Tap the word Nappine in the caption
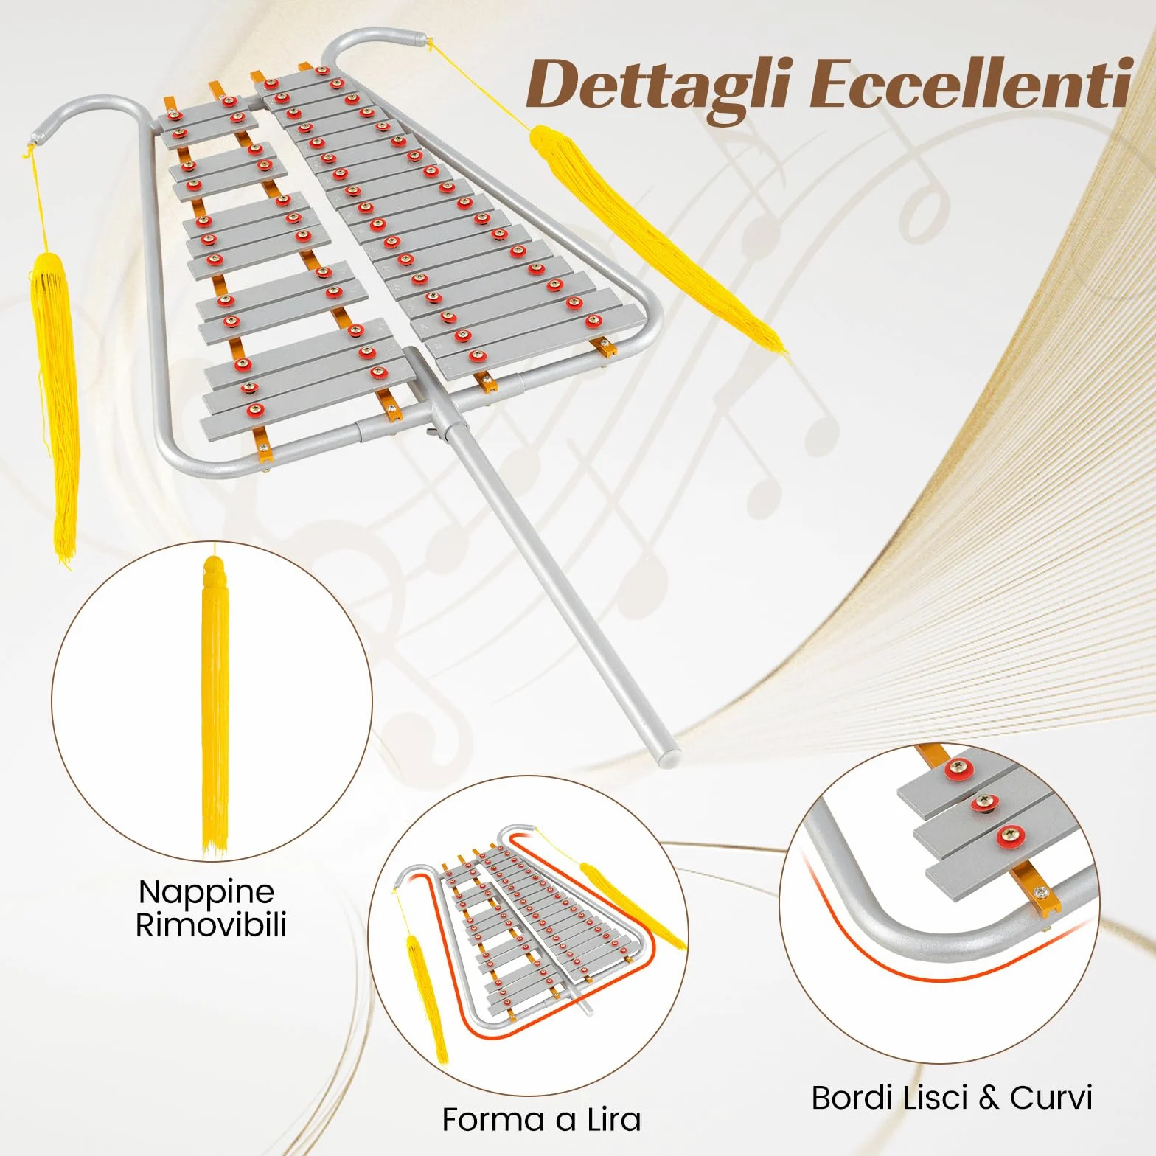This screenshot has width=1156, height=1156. coord(206,892)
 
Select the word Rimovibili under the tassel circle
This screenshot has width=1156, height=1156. coord(211,925)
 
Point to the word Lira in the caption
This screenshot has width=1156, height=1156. coord(614,1119)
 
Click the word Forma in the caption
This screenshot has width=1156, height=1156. coord(493,1119)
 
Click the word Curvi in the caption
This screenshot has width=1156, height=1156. coord(1051,1098)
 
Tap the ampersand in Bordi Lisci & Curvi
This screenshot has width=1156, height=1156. coord(988,1098)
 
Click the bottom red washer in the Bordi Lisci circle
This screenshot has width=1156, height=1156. coord(1010,836)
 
